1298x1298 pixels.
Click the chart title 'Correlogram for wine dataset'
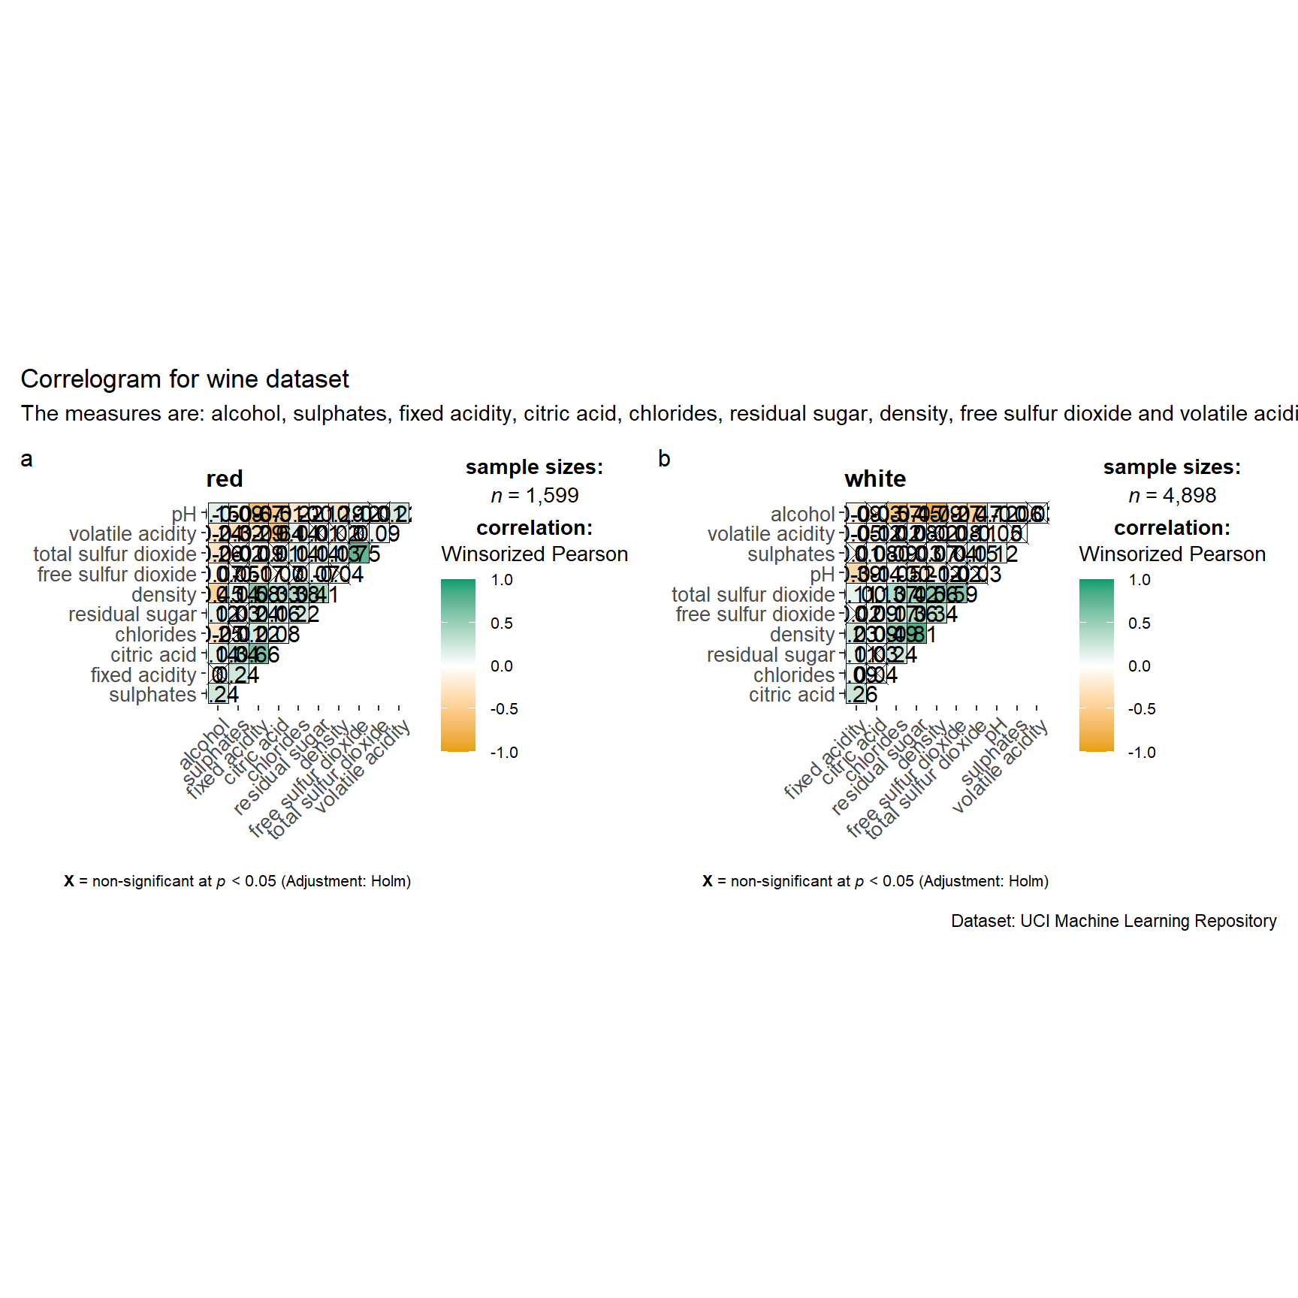point(185,379)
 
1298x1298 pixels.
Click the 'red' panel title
point(225,479)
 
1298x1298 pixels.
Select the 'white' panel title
point(875,479)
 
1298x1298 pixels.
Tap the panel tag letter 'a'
point(26,459)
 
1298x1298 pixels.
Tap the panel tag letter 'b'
point(664,459)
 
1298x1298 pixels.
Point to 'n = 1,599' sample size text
point(535,496)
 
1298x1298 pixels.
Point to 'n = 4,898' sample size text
point(1173,496)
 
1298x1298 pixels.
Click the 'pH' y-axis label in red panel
point(184,515)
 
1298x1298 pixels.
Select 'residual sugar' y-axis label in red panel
point(132,614)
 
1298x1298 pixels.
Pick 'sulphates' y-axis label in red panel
point(152,695)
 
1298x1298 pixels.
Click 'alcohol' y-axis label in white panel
point(803,515)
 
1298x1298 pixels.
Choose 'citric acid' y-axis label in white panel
point(792,695)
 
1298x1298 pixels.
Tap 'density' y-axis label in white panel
point(802,635)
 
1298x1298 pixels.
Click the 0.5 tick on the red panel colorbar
point(502,623)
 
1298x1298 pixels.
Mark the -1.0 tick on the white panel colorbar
point(1142,753)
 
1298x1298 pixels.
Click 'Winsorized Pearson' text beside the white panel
point(1173,554)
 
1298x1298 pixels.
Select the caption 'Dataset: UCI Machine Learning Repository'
point(1114,921)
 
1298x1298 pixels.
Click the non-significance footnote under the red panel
point(237,881)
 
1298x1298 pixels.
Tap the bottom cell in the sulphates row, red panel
point(219,695)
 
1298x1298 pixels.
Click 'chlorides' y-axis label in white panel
point(794,675)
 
